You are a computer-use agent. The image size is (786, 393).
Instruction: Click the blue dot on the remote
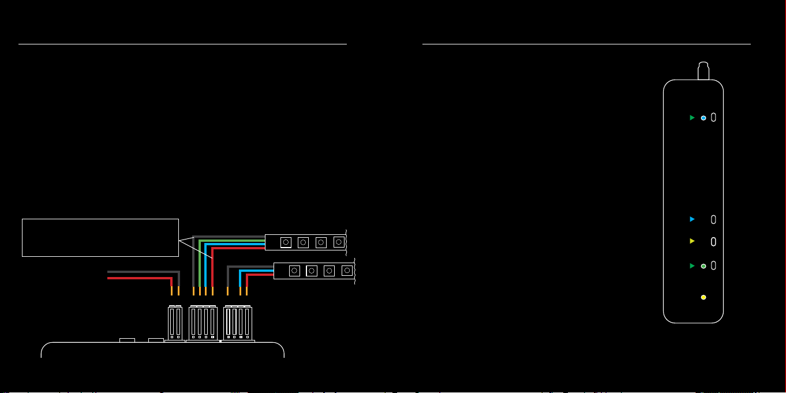click(703, 118)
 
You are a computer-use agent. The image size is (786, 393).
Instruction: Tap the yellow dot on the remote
click(703, 297)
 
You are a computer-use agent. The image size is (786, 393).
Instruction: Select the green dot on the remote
click(703, 266)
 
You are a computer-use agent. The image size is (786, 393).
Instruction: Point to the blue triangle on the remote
click(692, 219)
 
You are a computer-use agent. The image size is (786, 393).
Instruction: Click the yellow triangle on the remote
click(692, 241)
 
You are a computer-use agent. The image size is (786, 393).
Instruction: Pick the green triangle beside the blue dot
click(692, 118)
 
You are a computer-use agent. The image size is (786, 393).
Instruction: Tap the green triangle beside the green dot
click(692, 266)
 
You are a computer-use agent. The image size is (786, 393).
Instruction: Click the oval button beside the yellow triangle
click(713, 241)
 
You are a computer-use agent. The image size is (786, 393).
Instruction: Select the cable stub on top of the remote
click(703, 71)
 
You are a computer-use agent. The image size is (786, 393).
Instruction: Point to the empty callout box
click(100, 237)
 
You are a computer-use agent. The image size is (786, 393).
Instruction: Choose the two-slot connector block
click(175, 323)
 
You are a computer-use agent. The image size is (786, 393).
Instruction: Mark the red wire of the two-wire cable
click(139, 278)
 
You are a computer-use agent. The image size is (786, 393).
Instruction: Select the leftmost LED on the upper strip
click(285, 242)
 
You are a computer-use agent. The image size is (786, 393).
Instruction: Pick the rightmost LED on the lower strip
click(347, 270)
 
